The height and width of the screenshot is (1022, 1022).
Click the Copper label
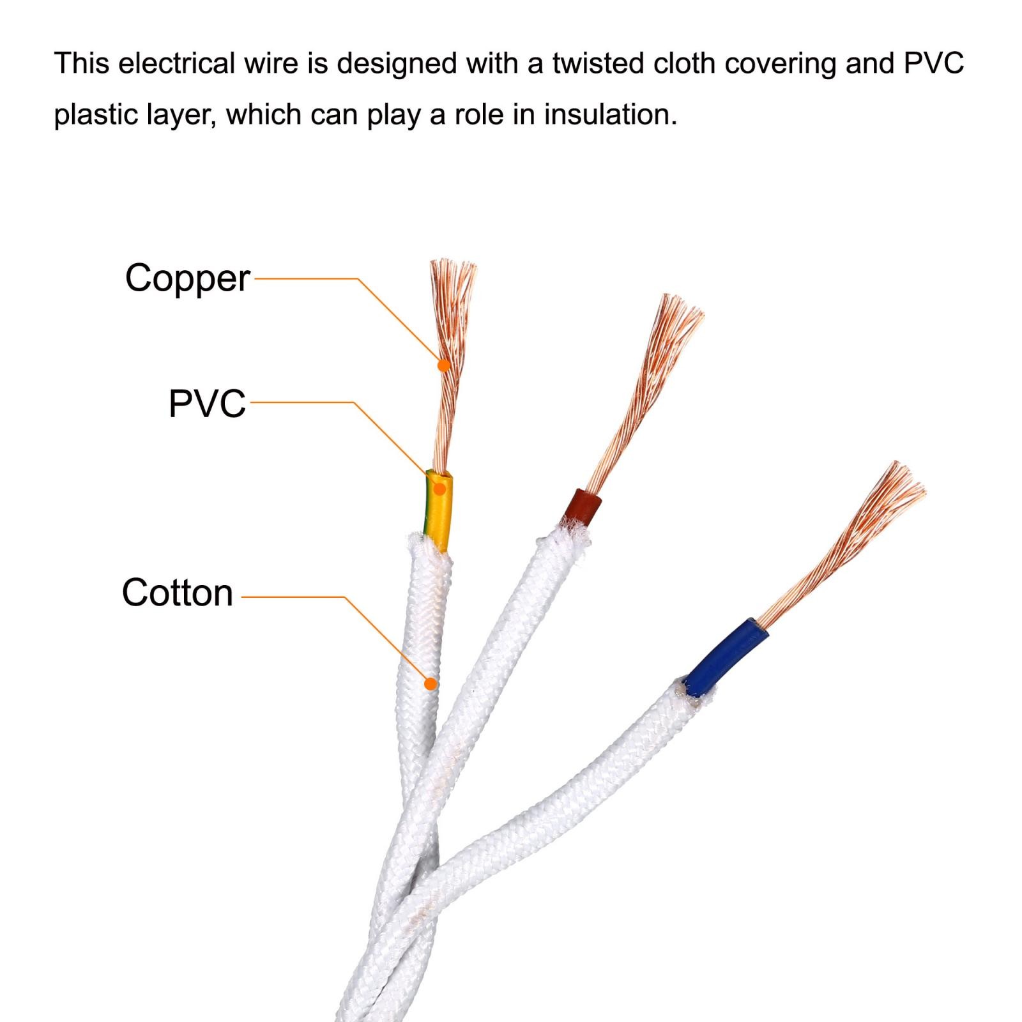(187, 279)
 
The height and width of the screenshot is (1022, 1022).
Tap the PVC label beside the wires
(207, 404)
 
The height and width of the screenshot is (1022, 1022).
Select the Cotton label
(178, 593)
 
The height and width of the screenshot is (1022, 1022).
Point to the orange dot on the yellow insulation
(439, 489)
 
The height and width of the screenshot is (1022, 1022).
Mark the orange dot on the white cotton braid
(431, 684)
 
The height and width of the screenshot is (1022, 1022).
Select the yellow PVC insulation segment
(438, 510)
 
